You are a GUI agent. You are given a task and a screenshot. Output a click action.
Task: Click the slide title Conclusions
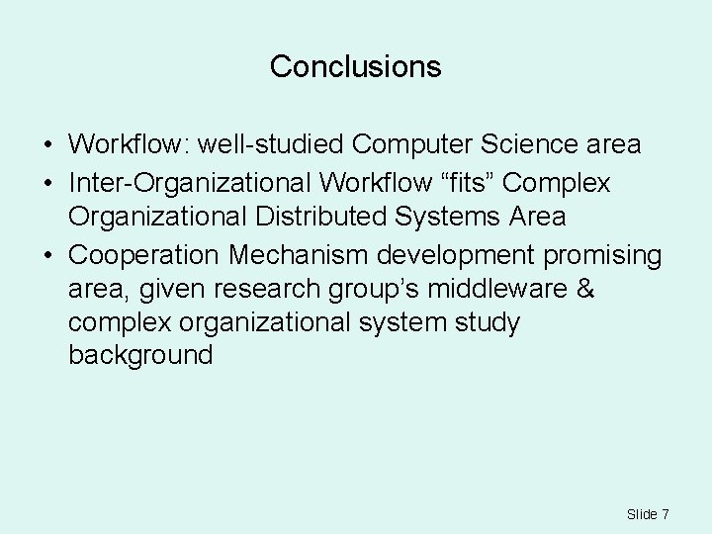pyautogui.click(x=355, y=67)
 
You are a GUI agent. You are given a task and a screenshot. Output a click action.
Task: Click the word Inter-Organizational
pyautogui.click(x=184, y=183)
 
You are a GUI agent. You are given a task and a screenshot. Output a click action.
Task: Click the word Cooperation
pyautogui.click(x=145, y=254)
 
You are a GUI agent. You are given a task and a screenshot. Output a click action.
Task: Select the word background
pyautogui.click(x=140, y=355)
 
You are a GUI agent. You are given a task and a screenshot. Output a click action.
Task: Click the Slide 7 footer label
pyautogui.click(x=648, y=514)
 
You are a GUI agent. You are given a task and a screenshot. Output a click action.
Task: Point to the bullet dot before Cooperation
pyautogui.click(x=47, y=255)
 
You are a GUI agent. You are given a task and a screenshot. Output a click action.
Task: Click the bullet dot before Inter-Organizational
pyautogui.click(x=47, y=184)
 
